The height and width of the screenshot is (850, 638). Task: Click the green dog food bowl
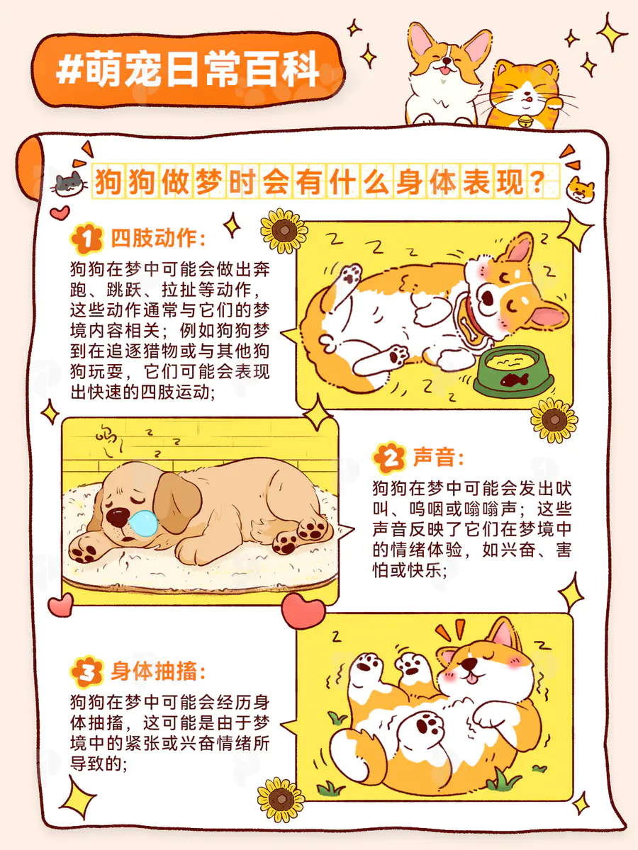(514, 371)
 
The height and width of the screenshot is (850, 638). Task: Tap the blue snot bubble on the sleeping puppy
(143, 523)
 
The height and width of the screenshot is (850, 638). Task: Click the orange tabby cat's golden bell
(525, 122)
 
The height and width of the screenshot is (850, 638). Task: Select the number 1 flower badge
(86, 238)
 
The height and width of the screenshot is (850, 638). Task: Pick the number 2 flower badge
(389, 458)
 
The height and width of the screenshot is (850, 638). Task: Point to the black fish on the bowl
(514, 380)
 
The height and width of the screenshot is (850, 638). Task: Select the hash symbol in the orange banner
(69, 70)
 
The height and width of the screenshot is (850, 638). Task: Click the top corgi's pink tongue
(444, 71)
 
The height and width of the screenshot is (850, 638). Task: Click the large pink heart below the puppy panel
(303, 611)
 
